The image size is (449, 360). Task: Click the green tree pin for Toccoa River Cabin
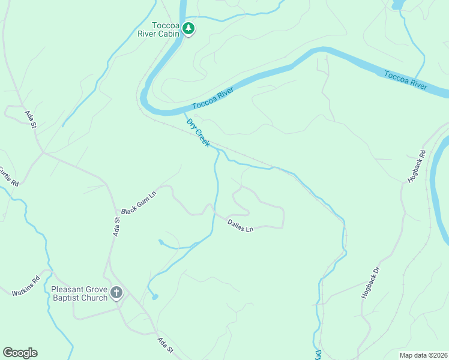pyautogui.click(x=188, y=28)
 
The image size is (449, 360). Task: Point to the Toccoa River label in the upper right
pyautogui.click(x=406, y=80)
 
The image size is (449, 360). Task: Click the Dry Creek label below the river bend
pyautogui.click(x=197, y=133)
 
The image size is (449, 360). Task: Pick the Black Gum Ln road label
pyautogui.click(x=139, y=205)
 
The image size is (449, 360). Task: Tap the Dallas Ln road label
pyautogui.click(x=240, y=226)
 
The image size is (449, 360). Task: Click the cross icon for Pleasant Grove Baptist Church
pyautogui.click(x=116, y=293)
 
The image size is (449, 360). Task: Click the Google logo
pyautogui.click(x=20, y=352)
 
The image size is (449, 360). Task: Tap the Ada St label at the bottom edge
pyautogui.click(x=165, y=346)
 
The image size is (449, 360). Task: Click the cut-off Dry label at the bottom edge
pyautogui.click(x=318, y=355)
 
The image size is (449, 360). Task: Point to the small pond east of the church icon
pyautogui.click(x=155, y=296)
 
